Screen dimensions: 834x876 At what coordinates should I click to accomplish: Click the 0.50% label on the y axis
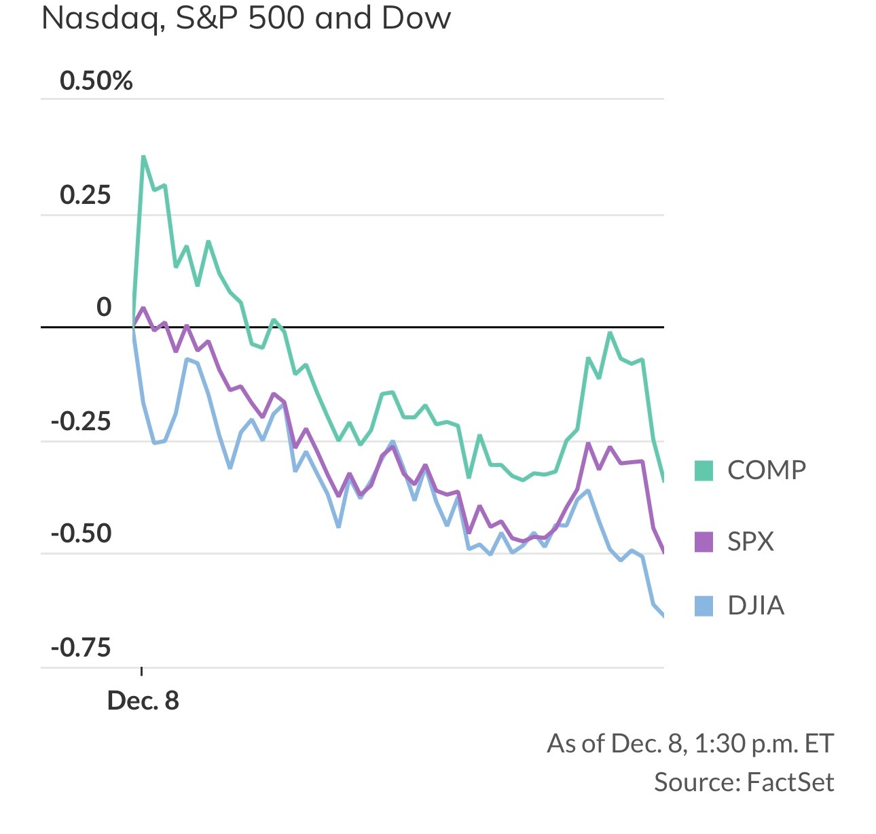(96, 81)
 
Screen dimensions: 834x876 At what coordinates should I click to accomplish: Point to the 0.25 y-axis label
(85, 195)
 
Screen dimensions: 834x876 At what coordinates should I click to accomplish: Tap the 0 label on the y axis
(103, 307)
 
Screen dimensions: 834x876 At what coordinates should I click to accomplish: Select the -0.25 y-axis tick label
(81, 421)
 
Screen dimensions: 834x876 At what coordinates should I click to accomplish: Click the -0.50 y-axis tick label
(81, 534)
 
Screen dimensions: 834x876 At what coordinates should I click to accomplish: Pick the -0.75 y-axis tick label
(81, 647)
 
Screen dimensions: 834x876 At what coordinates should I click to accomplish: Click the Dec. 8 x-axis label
(143, 701)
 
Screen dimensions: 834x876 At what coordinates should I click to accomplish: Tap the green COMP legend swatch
(704, 470)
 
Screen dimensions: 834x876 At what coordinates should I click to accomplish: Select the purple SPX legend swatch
(704, 542)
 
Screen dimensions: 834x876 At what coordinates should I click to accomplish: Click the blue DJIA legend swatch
(704, 606)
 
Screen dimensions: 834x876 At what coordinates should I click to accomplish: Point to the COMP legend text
(767, 470)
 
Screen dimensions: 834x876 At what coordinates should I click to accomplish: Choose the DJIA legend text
(756, 606)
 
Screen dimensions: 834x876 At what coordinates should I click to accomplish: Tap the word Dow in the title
(416, 18)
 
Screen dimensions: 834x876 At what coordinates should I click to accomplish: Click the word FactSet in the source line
(790, 782)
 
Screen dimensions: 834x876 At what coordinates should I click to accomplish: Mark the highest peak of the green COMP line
(143, 157)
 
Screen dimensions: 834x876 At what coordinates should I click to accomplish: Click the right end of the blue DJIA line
(663, 616)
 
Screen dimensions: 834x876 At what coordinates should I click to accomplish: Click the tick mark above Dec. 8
(141, 672)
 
